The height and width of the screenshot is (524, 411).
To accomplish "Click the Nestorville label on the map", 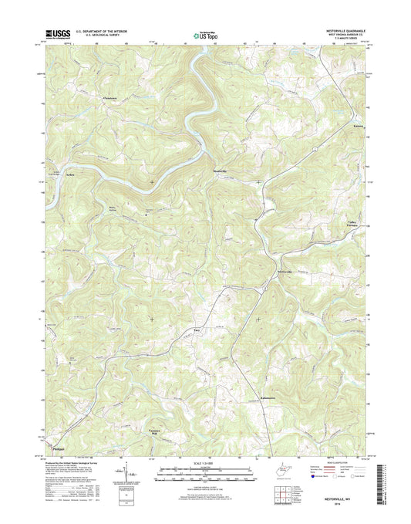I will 284,273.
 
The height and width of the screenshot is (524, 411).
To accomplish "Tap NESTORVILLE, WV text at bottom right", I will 339,500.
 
